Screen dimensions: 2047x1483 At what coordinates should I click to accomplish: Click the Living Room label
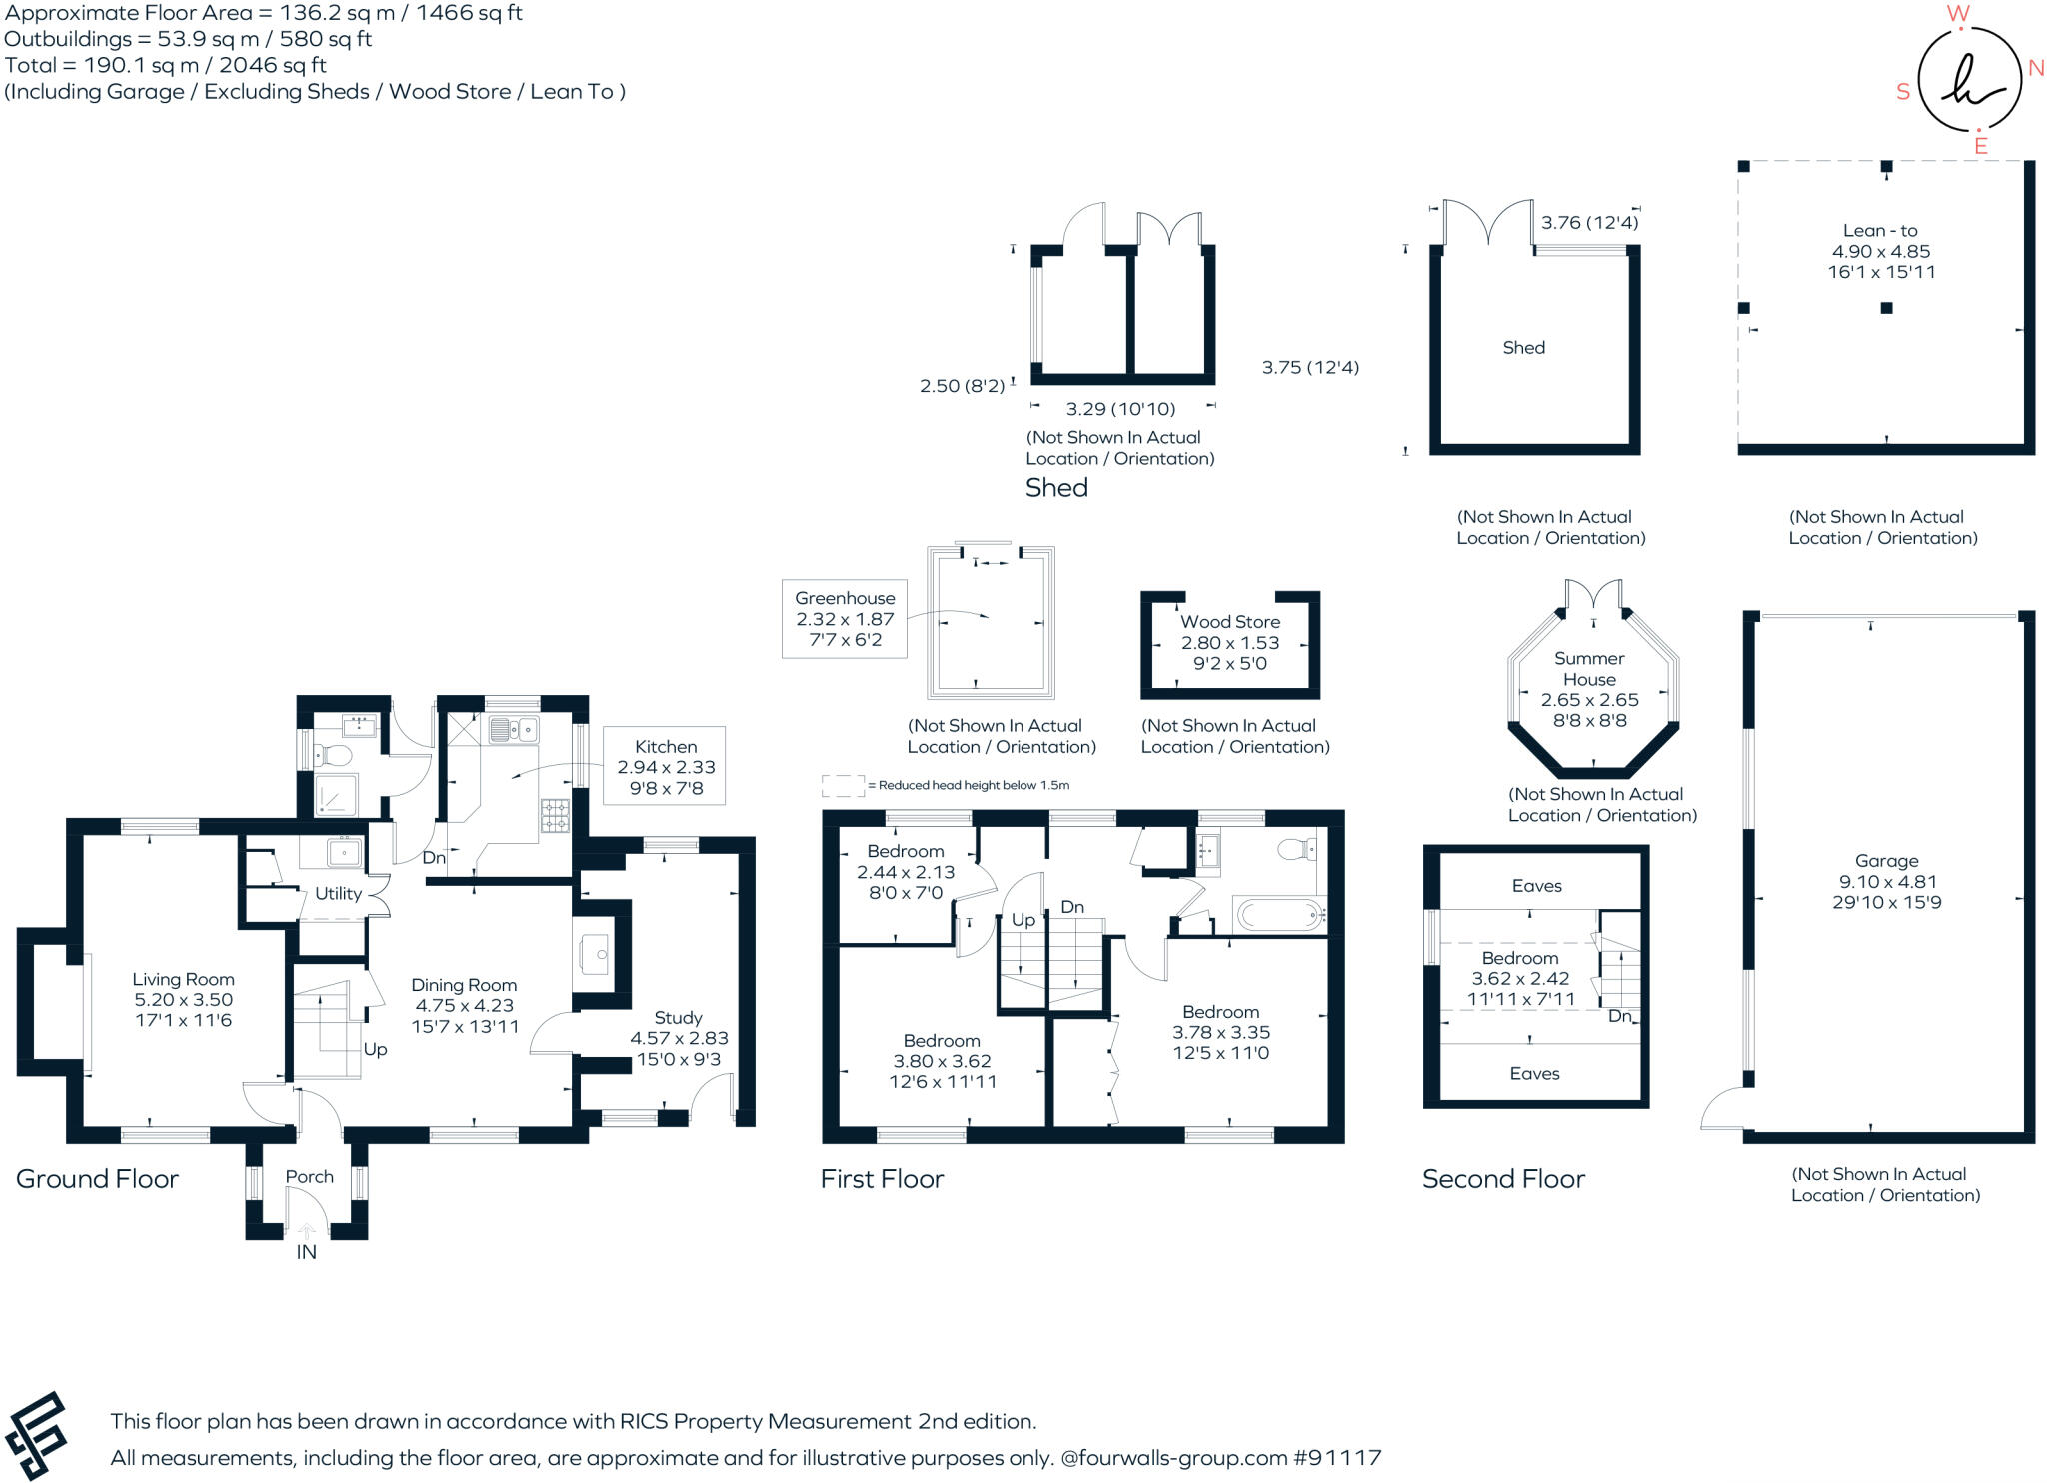tap(183, 979)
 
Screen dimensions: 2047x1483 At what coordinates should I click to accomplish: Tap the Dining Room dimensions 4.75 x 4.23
tap(465, 1006)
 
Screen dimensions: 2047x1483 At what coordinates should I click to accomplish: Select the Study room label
tap(678, 1018)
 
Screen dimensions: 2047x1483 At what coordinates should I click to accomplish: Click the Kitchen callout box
tap(665, 766)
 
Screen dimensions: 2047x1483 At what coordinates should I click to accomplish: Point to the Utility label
tap(338, 894)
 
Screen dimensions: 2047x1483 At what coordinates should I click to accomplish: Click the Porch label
tap(309, 1177)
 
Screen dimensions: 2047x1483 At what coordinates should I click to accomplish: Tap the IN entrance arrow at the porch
tap(307, 1232)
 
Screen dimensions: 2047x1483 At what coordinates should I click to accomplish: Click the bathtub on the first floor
tap(1279, 914)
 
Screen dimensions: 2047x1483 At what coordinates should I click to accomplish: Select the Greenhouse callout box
tap(845, 619)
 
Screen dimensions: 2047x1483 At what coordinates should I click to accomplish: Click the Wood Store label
tap(1230, 622)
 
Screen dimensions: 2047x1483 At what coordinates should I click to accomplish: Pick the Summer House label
tap(1589, 669)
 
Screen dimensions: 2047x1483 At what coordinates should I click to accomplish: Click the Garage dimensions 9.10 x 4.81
tap(1887, 882)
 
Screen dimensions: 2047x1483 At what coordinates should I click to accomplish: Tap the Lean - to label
tap(1880, 230)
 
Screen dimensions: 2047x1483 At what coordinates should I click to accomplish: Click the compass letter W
tap(1958, 14)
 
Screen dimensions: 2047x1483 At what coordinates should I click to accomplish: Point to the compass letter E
tap(1980, 146)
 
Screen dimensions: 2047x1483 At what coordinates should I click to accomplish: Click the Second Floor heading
tap(1503, 1179)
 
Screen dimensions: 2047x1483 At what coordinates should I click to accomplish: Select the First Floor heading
tap(882, 1179)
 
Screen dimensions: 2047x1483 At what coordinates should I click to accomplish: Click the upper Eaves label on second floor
tap(1536, 886)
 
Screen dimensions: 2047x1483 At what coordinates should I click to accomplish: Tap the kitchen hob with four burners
tap(555, 816)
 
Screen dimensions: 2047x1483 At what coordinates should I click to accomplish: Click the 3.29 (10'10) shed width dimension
tap(1120, 409)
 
